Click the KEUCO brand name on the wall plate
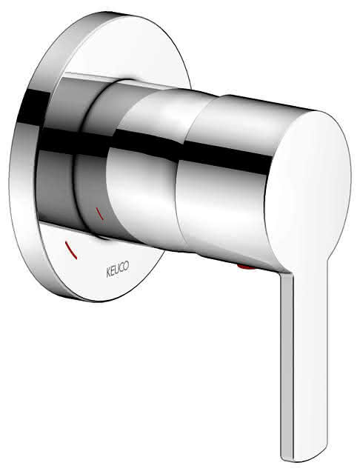click(118, 269)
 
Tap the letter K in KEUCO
click(108, 273)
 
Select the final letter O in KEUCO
click(127, 266)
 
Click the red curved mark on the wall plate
click(71, 250)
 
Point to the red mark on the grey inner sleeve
click(100, 213)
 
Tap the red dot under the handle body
click(247, 267)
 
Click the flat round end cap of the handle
click(308, 190)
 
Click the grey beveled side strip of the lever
click(287, 363)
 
